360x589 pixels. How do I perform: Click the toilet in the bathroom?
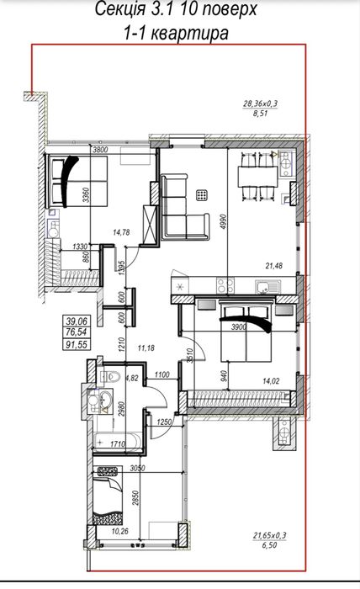coord(110,375)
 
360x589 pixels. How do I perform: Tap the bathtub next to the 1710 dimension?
coord(117,443)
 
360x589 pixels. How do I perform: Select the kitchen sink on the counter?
coord(267,287)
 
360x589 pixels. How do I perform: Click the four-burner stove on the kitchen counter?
coord(225,285)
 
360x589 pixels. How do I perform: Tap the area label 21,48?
coord(274,266)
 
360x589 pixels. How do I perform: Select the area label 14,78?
coord(121,232)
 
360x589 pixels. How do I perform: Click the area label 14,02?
coord(271,381)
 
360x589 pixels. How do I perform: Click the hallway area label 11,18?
coord(146,348)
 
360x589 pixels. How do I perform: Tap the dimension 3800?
coord(100,150)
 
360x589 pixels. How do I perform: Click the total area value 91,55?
coord(77,344)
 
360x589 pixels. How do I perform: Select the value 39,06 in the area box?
coord(77,321)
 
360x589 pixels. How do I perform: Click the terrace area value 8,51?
coord(260,113)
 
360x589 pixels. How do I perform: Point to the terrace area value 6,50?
coord(269,544)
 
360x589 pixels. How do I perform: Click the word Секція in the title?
coord(119,9)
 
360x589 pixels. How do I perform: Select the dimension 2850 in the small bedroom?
coord(136,499)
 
